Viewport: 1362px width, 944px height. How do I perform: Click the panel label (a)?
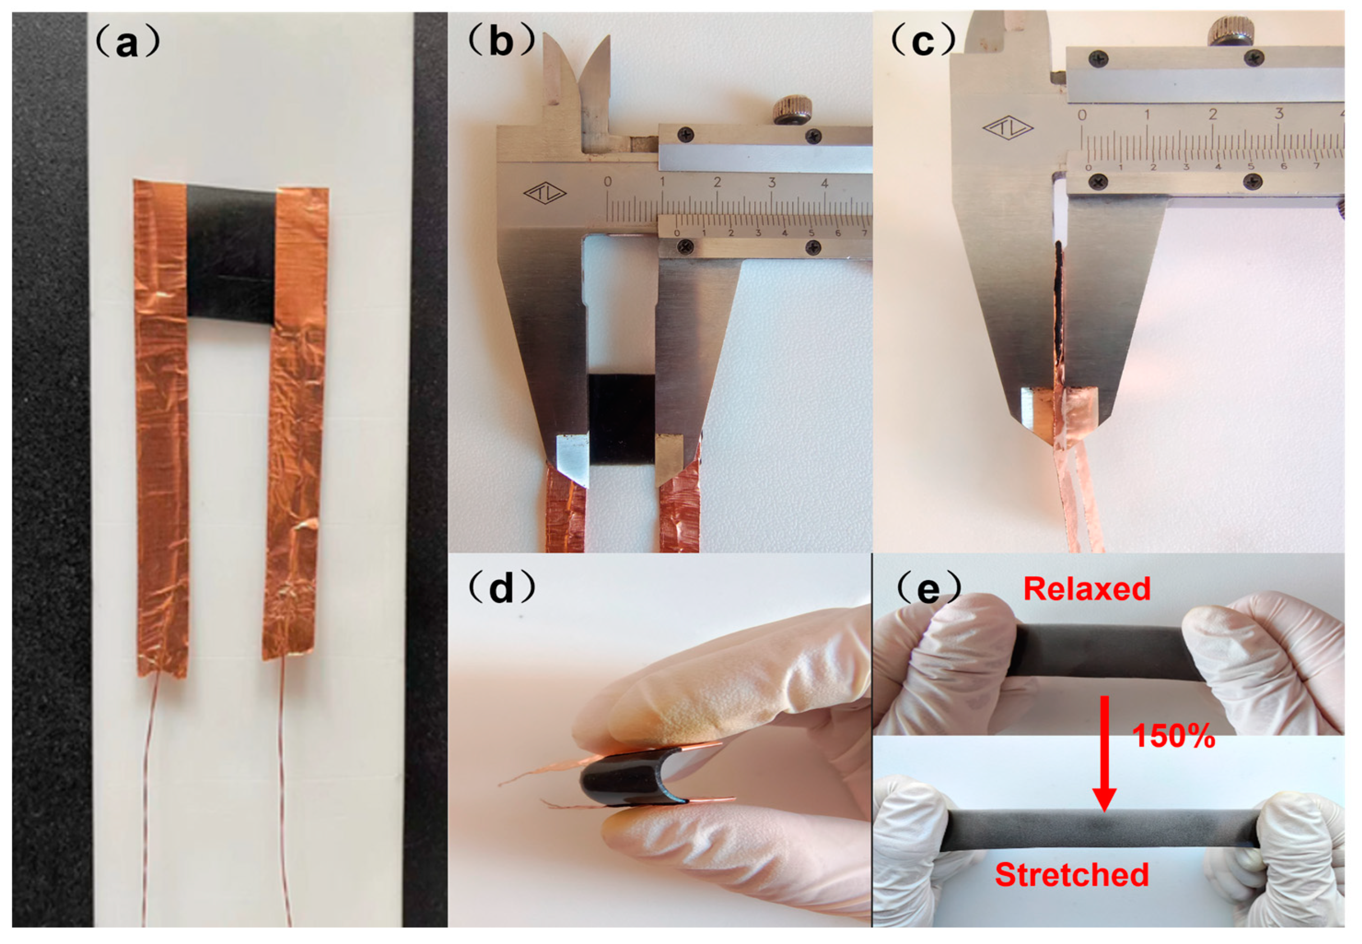pos(127,42)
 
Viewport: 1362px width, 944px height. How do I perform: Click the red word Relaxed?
pos(1087,589)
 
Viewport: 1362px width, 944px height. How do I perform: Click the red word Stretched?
pos(1071,875)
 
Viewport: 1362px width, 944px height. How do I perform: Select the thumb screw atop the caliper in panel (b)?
pos(792,110)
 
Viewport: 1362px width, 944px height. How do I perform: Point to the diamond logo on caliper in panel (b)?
pos(545,193)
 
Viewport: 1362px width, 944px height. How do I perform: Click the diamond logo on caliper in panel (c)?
pos(1008,127)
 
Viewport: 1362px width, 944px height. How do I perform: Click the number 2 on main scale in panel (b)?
pos(717,182)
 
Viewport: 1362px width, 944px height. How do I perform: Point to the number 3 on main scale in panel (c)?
pos(1279,114)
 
